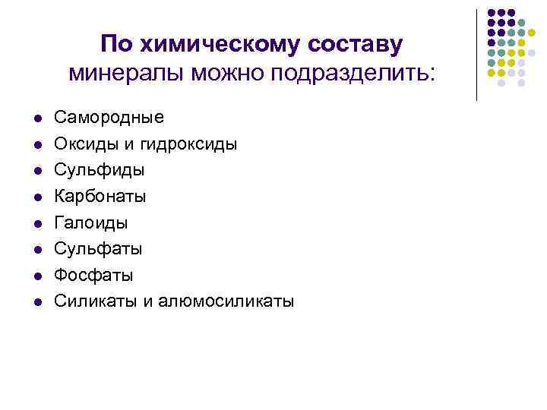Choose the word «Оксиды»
point(86,143)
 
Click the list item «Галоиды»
point(91,222)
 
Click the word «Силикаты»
point(95,301)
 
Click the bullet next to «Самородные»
point(36,118)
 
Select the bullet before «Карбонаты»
point(36,197)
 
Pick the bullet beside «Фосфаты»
point(36,276)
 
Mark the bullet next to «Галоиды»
point(36,223)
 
